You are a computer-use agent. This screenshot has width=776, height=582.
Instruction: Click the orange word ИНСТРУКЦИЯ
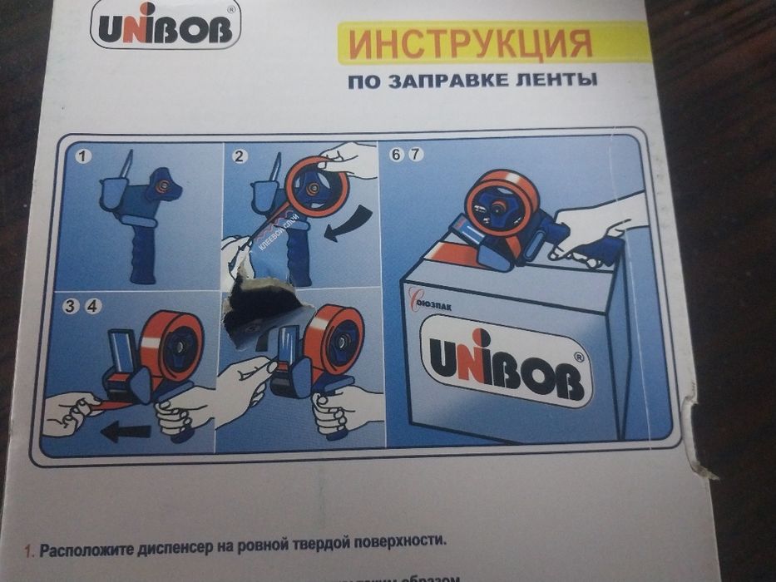471,43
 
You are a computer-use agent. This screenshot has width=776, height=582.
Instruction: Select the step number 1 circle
84,156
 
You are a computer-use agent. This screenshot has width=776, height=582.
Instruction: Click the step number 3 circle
72,306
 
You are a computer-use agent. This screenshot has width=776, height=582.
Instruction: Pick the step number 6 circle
396,155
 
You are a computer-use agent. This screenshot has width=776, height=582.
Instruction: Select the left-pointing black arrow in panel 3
125,432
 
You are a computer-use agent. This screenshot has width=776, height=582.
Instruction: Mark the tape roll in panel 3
171,345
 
